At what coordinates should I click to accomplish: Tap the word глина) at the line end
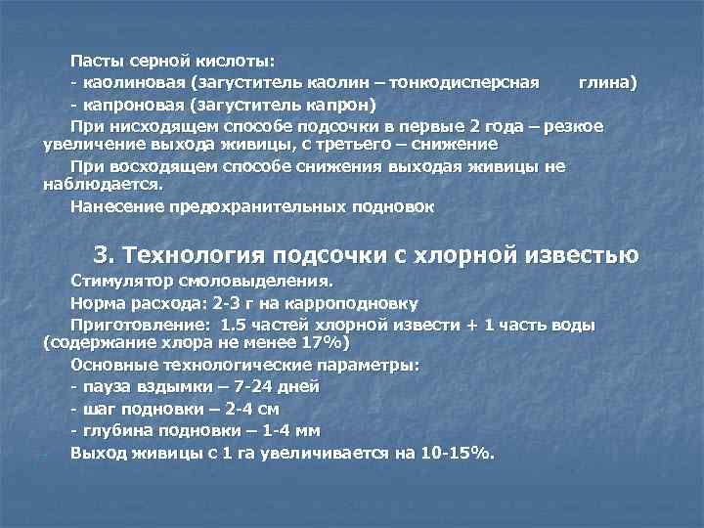pyautogui.click(x=607, y=84)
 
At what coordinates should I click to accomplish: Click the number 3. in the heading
pyautogui.click(x=105, y=255)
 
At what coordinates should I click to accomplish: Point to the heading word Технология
pyautogui.click(x=193, y=255)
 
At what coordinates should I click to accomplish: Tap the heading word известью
pyautogui.click(x=583, y=255)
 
